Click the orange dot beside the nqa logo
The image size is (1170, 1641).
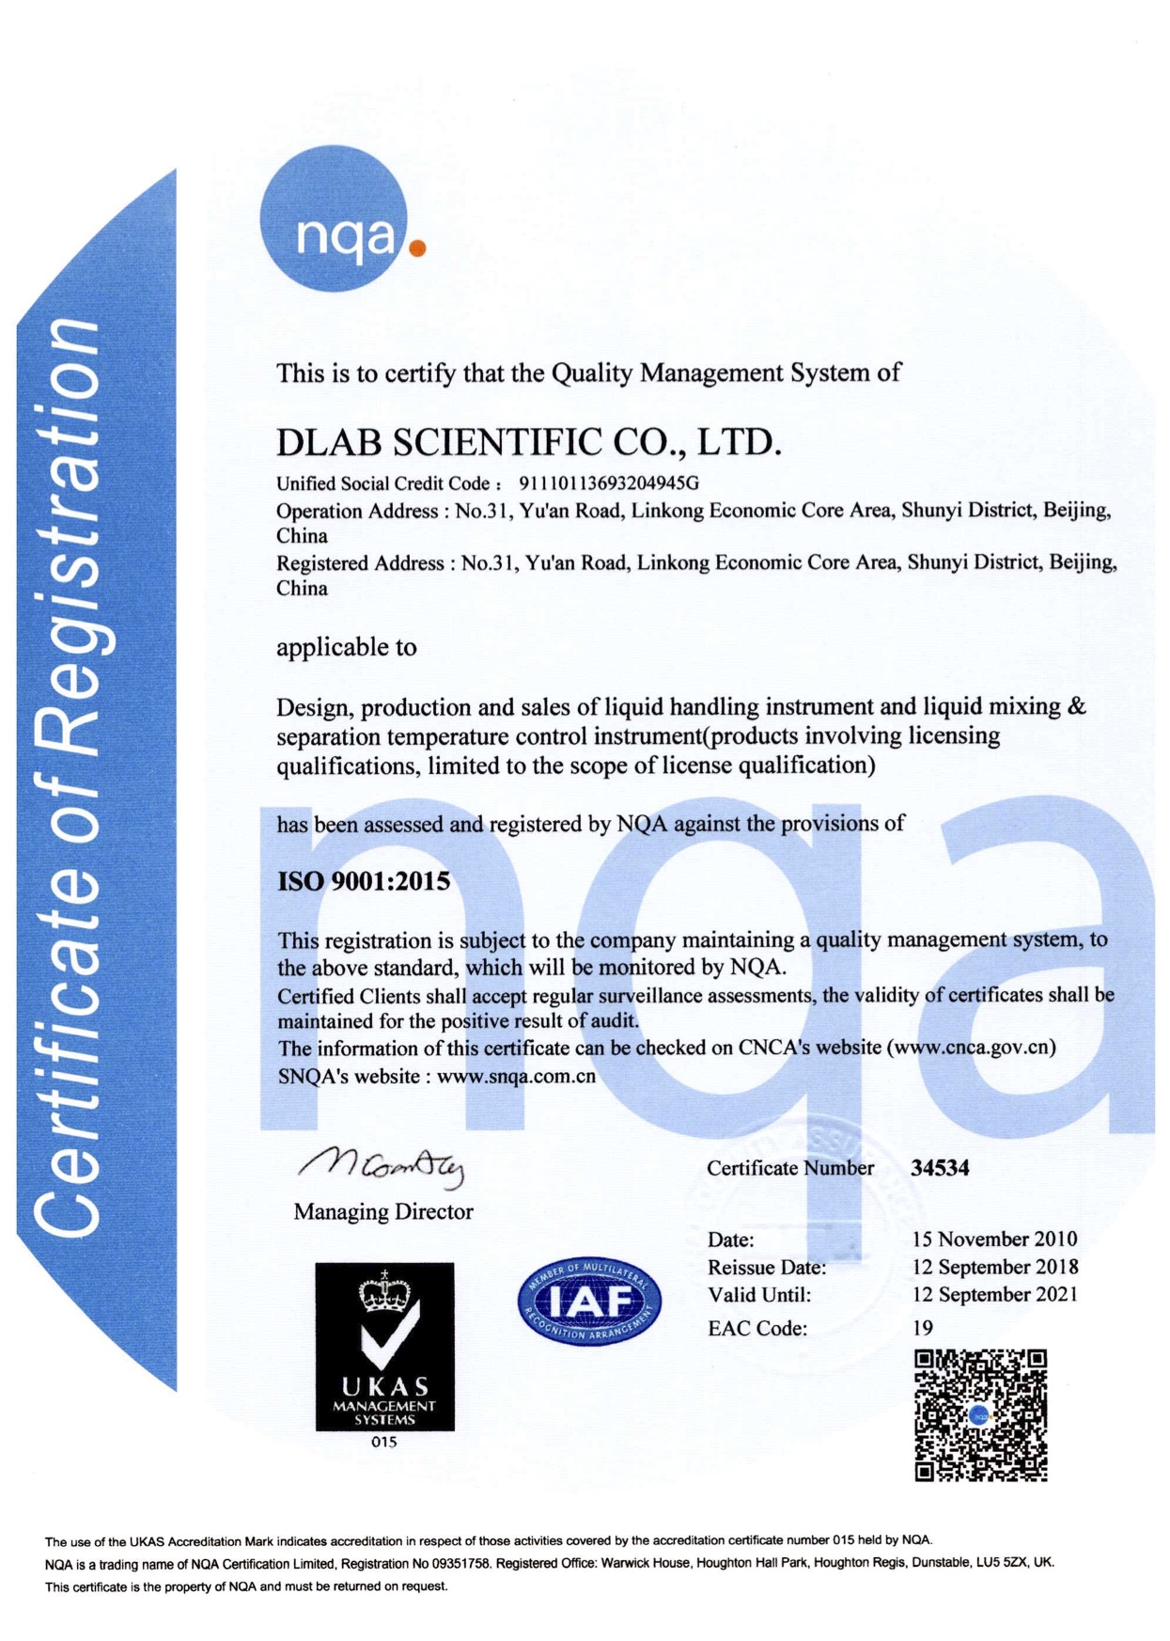[x=418, y=248]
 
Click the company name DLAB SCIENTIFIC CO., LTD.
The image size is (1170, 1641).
[x=528, y=442]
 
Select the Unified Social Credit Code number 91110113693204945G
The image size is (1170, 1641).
[x=609, y=483]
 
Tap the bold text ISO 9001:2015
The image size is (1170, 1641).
[x=364, y=881]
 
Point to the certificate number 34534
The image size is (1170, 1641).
[x=940, y=1168]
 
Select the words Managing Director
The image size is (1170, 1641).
[x=383, y=1211]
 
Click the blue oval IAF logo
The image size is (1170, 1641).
[x=589, y=1302]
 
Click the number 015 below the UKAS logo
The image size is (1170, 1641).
[x=384, y=1442]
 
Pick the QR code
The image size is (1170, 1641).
[x=980, y=1415]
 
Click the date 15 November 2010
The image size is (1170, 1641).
[x=994, y=1239]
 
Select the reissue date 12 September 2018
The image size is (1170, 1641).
[x=994, y=1267]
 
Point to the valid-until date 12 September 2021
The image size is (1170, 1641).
[x=994, y=1295]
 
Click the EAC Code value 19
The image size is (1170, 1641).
[x=923, y=1328]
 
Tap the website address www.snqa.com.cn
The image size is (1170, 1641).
[x=516, y=1076]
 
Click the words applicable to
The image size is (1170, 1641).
[x=346, y=647]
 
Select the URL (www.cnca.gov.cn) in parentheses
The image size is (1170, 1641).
[x=971, y=1047]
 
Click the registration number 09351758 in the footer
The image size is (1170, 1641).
[x=461, y=1563]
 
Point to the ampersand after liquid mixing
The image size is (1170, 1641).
[x=1077, y=706]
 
